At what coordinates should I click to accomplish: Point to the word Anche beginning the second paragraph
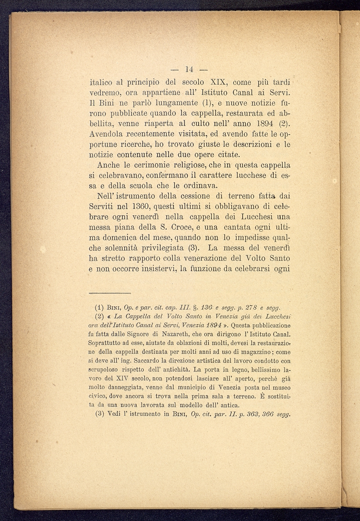107,165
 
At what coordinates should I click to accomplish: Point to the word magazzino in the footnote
256,352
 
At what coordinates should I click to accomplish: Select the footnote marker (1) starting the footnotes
99,307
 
